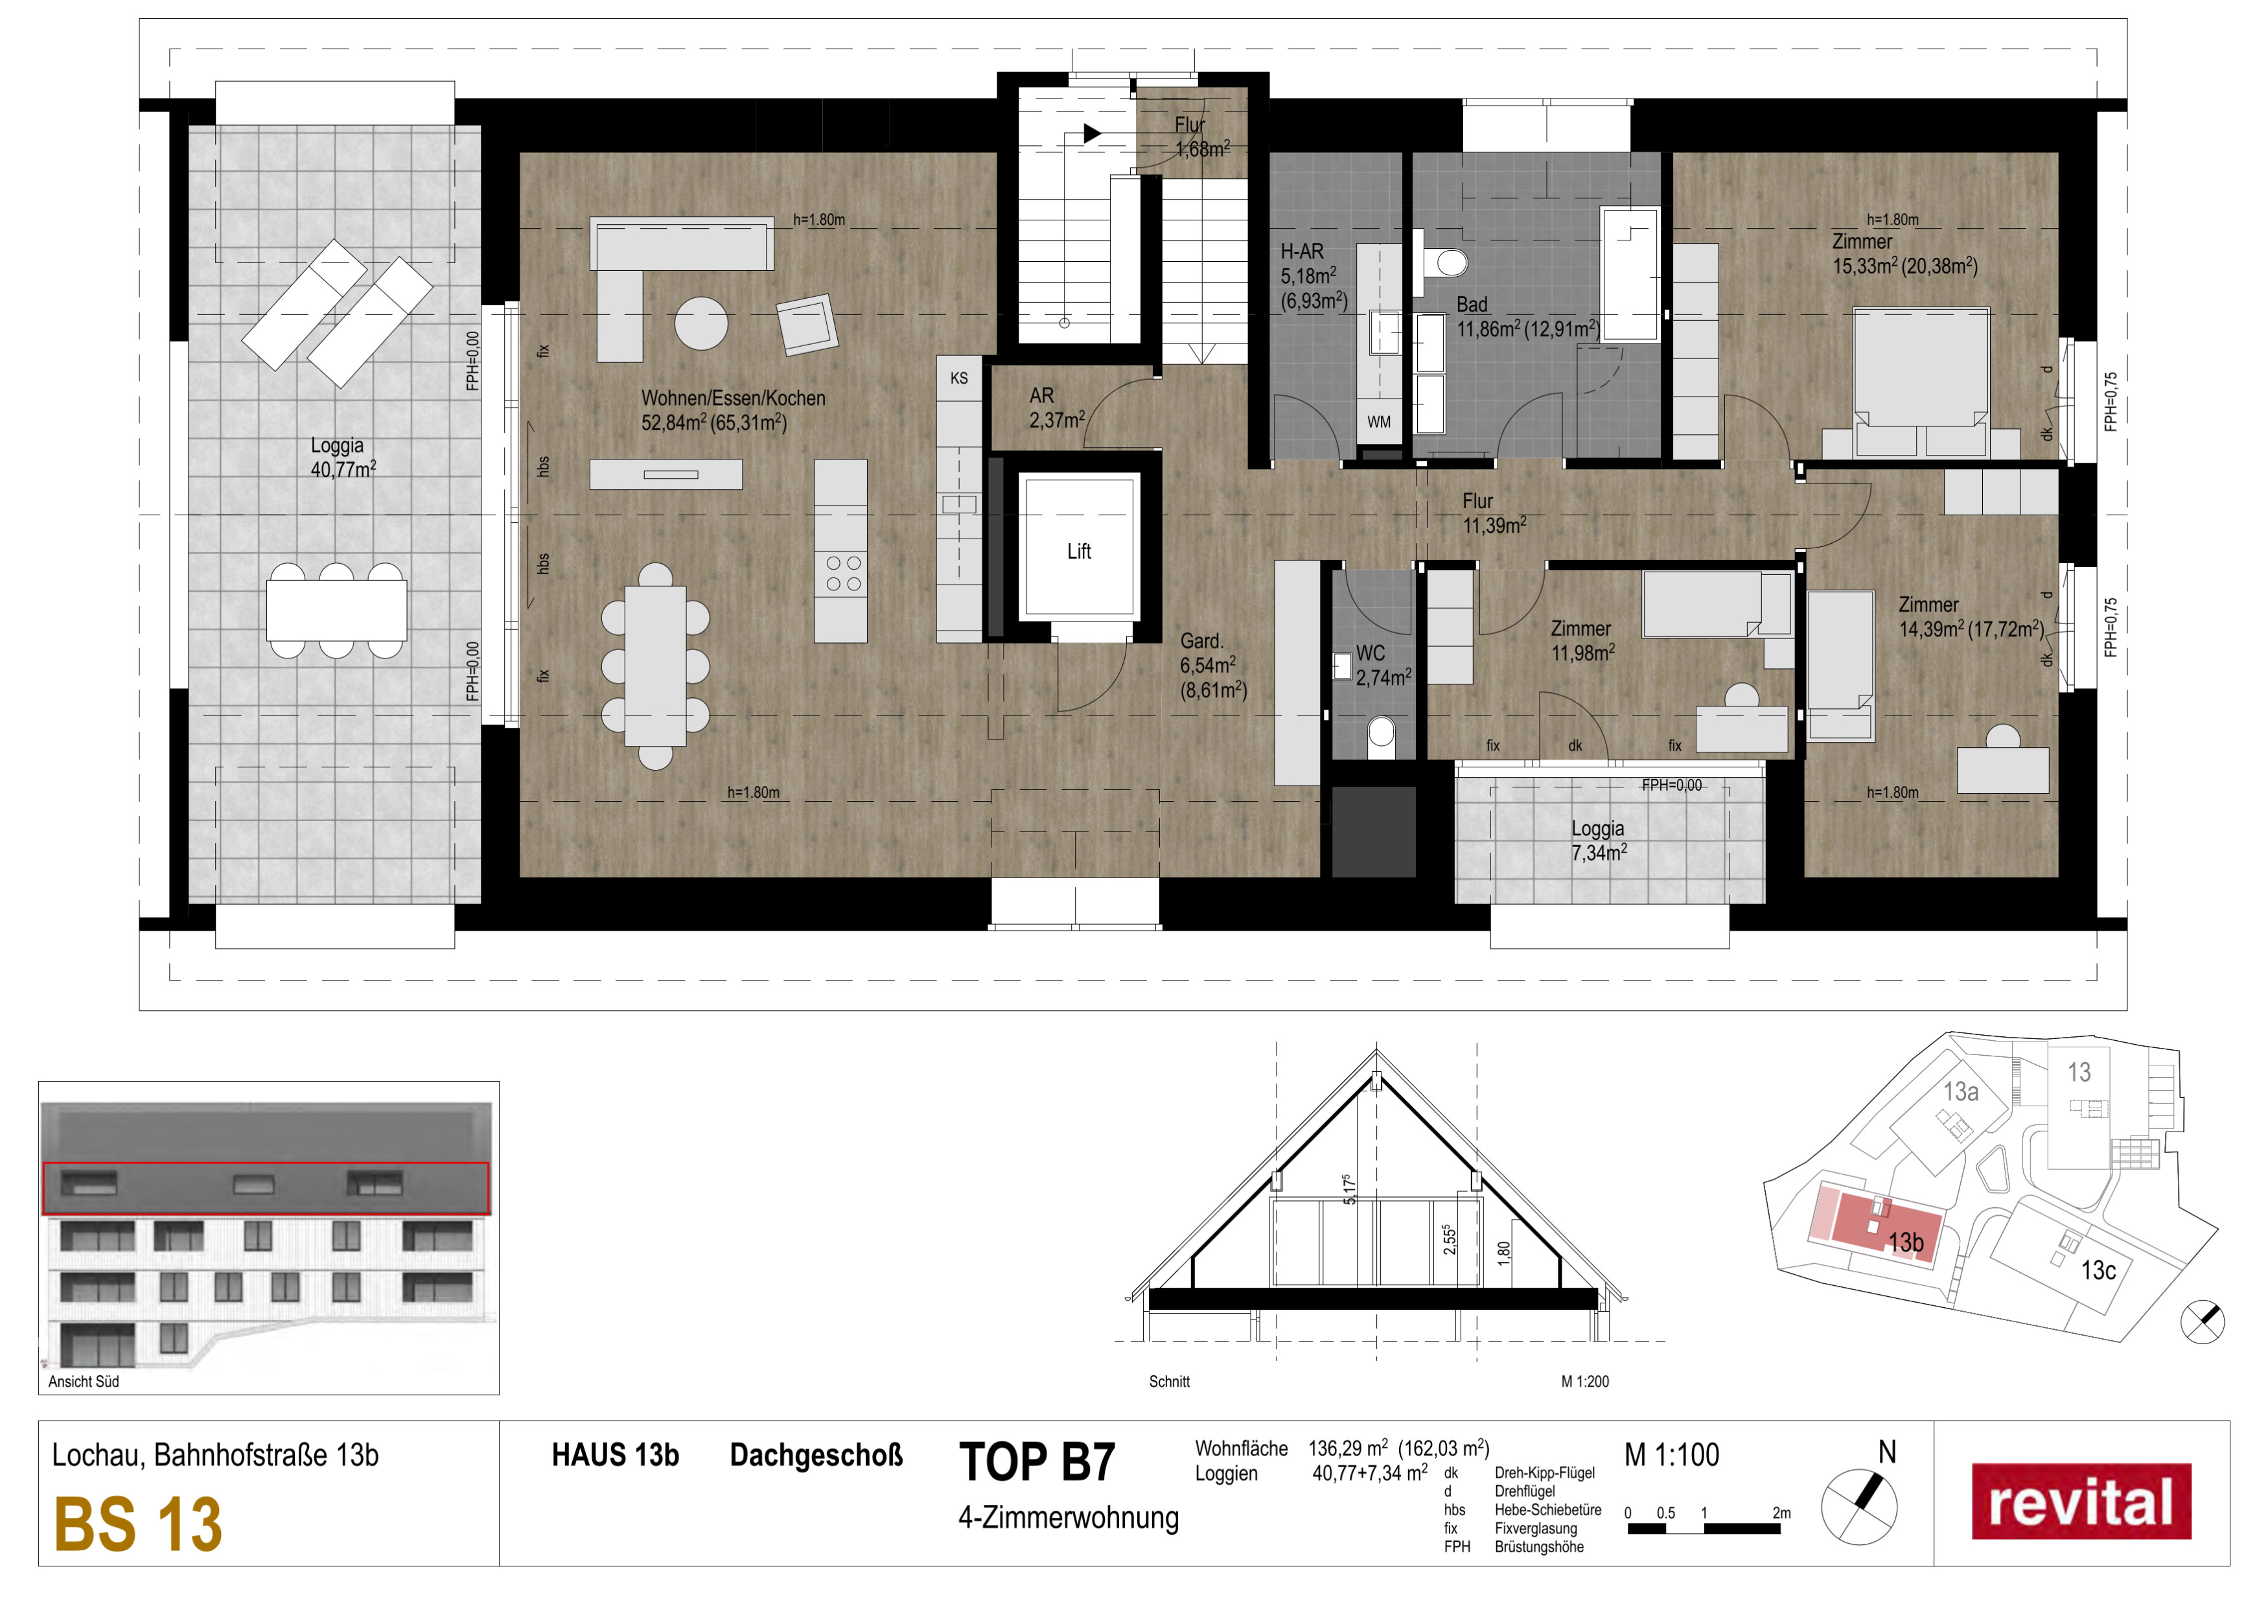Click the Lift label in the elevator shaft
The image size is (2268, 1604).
pos(1079,551)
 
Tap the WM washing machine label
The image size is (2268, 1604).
pos(1379,422)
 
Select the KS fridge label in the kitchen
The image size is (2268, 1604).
pos(958,378)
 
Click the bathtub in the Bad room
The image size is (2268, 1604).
pos(1630,275)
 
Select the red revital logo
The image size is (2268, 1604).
pos(2081,1502)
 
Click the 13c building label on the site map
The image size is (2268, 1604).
pos(2098,1270)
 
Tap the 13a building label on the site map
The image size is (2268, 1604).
pos(1961,1091)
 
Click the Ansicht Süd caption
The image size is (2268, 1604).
pos(84,1382)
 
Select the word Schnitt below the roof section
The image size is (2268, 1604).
pos(1170,1382)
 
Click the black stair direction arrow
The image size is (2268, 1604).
pos(1091,134)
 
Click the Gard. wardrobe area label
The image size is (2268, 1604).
pos(1213,666)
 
